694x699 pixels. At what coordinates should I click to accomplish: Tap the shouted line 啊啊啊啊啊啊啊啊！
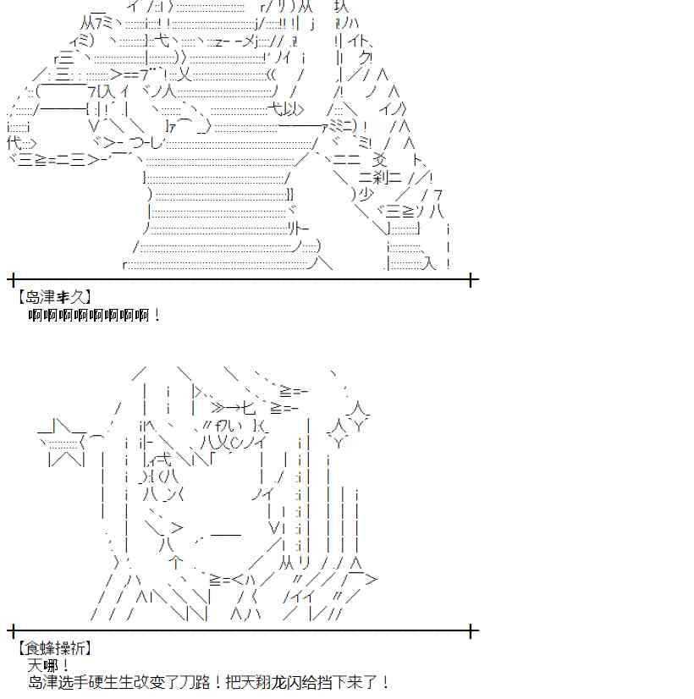(x=93, y=315)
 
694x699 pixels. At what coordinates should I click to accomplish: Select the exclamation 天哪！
(x=49, y=665)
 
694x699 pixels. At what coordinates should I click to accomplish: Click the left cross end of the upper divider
(x=13, y=278)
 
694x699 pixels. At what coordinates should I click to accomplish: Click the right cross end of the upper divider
(x=471, y=278)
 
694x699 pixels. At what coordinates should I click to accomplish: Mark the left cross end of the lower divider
(x=13, y=630)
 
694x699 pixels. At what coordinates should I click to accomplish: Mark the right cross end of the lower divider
(x=471, y=630)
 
